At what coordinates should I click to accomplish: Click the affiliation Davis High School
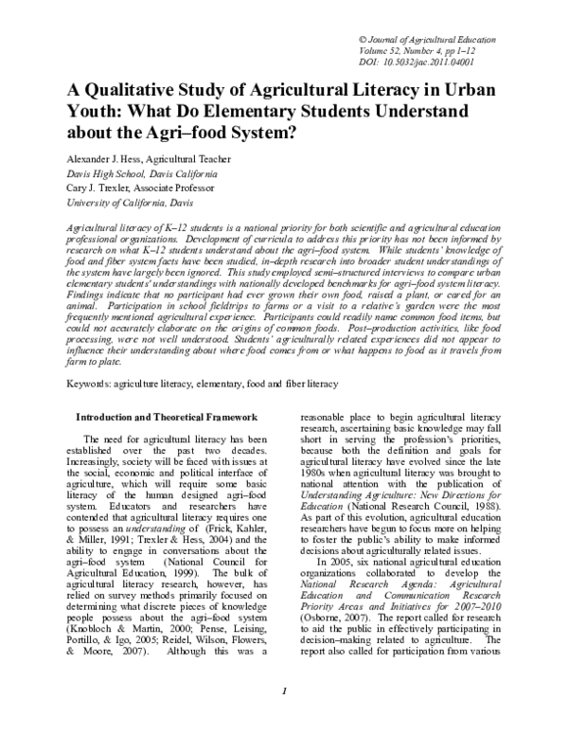pyautogui.click(x=110, y=176)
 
